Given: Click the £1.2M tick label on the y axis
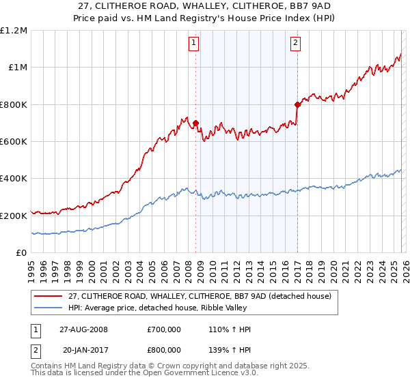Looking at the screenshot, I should click(x=14, y=30).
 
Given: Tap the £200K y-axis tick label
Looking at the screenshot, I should click(x=14, y=216).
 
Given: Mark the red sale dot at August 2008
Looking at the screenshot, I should click(x=196, y=123).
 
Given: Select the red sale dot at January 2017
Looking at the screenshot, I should click(x=297, y=104).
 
